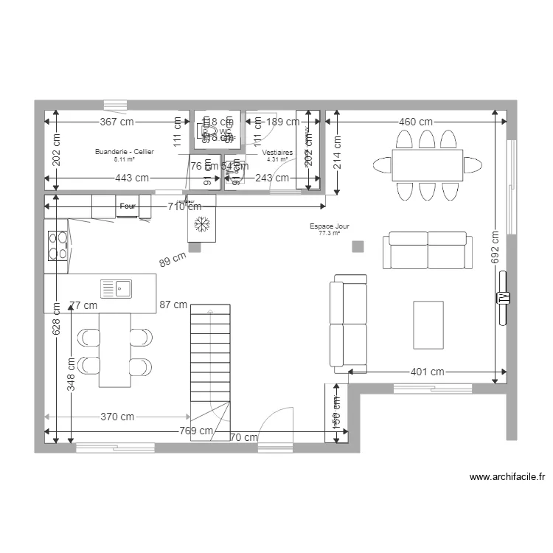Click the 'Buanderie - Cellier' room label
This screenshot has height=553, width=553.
click(x=124, y=152)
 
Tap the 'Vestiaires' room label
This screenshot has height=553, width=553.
click(x=277, y=153)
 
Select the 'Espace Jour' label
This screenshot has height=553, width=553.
click(x=330, y=227)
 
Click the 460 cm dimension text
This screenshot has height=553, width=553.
click(x=416, y=122)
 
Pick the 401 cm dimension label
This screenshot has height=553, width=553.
click(x=427, y=372)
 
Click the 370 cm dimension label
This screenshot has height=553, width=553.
click(x=117, y=417)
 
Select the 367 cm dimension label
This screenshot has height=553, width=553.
click(x=117, y=122)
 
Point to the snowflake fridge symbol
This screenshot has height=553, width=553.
click(x=201, y=223)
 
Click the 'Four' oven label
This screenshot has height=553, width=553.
click(x=128, y=206)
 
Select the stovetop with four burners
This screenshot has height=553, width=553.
click(x=57, y=246)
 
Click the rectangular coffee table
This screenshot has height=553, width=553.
click(x=428, y=324)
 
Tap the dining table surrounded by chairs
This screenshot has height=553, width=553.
click(x=427, y=165)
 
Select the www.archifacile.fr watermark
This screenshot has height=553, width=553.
click(x=507, y=477)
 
